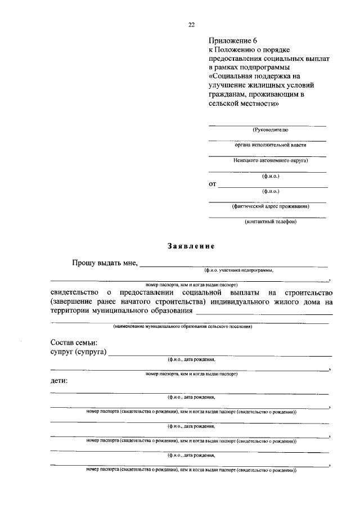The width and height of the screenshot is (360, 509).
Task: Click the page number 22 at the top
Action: pos(191,24)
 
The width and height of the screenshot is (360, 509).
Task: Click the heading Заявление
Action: pos(191,246)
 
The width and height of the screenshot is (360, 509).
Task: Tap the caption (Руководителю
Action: pos(267,129)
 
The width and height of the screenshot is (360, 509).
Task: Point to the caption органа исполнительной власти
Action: pos(267,145)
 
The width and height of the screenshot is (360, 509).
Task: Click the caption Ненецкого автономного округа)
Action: pos(267,160)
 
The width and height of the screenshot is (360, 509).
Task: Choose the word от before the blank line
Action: pos(213,183)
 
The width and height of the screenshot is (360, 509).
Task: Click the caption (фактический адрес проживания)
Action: pos(267,206)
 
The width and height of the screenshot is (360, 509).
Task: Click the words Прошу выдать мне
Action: pos(105,263)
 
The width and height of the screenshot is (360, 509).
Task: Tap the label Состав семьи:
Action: pos(74,343)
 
